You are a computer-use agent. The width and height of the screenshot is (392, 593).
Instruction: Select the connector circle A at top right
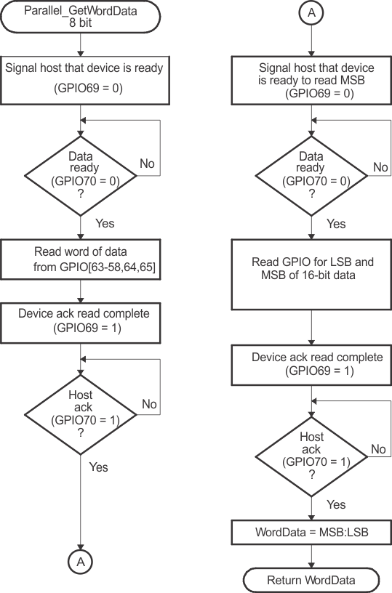point(311,14)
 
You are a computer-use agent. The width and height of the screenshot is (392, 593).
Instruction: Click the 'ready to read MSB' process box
point(311,79)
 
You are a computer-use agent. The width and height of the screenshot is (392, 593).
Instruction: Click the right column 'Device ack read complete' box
point(311,365)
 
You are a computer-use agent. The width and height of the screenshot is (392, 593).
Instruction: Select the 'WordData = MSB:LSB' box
point(311,532)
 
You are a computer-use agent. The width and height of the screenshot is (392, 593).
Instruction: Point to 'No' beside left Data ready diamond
point(147,164)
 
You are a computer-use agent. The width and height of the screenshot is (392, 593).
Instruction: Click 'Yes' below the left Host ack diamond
point(99,467)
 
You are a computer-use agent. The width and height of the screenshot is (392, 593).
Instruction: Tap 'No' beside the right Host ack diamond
point(378,449)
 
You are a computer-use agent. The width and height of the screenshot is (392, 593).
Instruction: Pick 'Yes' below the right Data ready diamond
point(335,224)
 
